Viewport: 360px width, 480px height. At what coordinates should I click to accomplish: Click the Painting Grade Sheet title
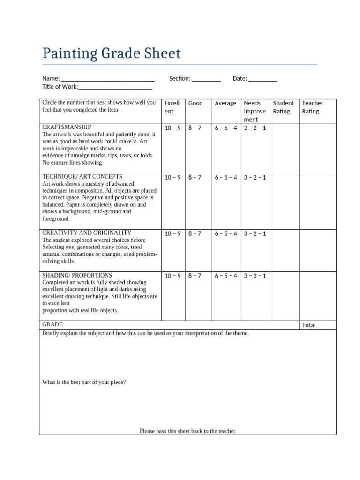111,53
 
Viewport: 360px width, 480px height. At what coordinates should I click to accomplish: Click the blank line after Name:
108,79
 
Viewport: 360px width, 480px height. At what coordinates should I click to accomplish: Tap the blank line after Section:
206,79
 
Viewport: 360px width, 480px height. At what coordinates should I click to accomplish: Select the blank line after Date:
263,79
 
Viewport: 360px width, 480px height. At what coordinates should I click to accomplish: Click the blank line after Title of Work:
115,87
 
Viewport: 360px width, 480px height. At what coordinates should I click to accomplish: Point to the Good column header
195,103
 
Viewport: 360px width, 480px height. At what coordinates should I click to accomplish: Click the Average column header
225,103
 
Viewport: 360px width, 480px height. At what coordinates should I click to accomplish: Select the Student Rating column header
283,107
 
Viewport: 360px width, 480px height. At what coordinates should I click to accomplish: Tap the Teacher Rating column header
313,107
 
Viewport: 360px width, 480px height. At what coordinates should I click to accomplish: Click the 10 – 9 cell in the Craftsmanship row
172,128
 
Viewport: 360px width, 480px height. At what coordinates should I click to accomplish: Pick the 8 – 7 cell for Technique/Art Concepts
195,177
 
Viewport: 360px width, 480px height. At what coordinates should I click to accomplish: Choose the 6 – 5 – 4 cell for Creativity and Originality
226,233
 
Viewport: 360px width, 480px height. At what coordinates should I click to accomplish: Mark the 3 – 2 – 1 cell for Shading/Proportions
255,276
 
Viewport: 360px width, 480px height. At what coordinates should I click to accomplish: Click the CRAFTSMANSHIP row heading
67,127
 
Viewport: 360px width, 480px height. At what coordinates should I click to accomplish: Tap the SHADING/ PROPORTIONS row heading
77,275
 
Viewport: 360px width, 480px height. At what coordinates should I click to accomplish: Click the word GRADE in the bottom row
52,324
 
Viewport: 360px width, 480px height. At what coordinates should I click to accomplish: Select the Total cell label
309,325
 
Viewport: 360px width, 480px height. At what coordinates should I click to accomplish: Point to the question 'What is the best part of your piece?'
84,382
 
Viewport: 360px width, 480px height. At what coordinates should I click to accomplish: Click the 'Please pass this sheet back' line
187,431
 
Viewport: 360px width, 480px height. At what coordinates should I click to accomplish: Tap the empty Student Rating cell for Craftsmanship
285,148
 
